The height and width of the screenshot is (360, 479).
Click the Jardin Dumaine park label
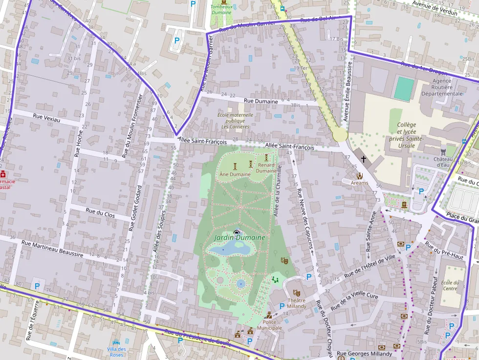239,237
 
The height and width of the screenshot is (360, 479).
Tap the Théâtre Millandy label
297,303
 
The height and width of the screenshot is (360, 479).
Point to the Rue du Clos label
100,212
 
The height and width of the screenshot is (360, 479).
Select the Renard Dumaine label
266,168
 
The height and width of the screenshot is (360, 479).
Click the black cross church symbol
363,159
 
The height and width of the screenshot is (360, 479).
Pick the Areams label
360,183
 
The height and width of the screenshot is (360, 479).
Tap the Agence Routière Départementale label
442,87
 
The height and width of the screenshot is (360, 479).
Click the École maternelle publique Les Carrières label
235,121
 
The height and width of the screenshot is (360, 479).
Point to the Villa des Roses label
116,352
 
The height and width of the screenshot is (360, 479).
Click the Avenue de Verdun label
435,8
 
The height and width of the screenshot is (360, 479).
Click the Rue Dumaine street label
261,101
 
